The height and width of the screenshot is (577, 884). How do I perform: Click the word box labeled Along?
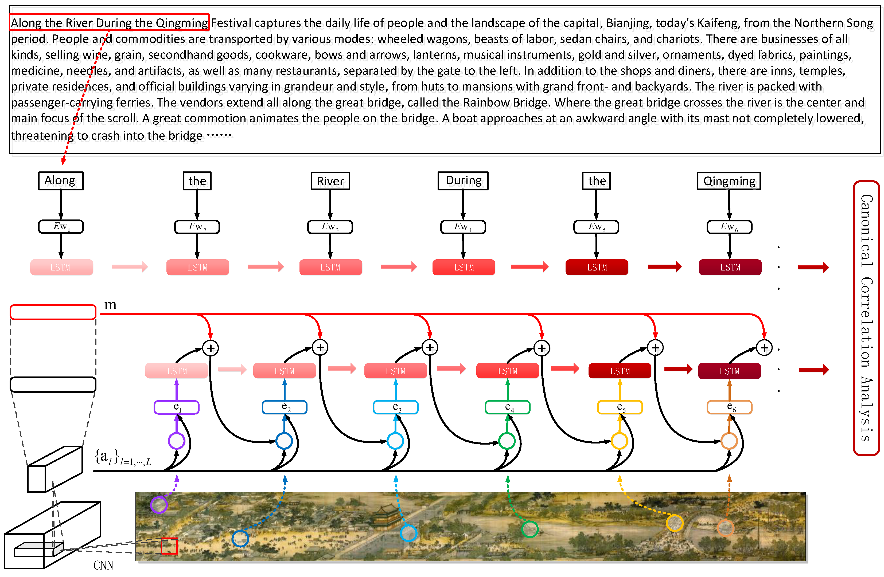(x=61, y=181)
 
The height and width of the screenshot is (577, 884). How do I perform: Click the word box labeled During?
(x=463, y=181)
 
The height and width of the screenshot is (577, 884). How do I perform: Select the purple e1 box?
(x=176, y=407)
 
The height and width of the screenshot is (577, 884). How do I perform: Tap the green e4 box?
(x=507, y=407)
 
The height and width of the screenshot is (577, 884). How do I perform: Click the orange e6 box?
(x=729, y=407)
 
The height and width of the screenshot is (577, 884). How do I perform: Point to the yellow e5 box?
(x=620, y=407)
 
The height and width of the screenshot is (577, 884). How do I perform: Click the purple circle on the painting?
(x=159, y=505)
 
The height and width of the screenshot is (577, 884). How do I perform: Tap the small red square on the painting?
(x=169, y=546)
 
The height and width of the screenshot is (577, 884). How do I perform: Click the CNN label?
(x=103, y=566)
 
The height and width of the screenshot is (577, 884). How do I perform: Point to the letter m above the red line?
(x=110, y=305)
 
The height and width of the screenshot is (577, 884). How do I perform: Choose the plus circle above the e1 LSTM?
(x=211, y=348)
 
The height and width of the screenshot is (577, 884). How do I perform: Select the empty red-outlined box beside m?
(x=53, y=312)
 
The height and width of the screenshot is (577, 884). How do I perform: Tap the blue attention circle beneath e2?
(x=284, y=441)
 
